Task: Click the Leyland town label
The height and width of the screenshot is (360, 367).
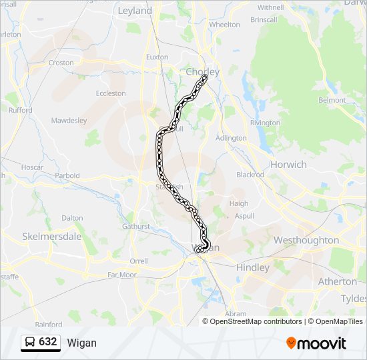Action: (135, 11)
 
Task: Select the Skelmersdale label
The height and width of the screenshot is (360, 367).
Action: (51, 236)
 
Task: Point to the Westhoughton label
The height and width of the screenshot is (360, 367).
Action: (306, 240)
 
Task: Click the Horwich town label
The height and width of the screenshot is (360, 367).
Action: (288, 164)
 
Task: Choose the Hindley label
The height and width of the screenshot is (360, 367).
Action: (253, 267)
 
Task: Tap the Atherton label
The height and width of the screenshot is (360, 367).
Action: (337, 281)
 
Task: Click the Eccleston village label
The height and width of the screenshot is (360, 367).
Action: (111, 93)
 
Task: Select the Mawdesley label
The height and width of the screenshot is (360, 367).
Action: (69, 121)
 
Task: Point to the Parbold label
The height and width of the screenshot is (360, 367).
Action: (67, 176)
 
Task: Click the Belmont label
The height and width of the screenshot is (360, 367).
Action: (332, 100)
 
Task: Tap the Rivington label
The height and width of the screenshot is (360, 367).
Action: (265, 123)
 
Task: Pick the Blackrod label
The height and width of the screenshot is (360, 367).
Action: (250, 175)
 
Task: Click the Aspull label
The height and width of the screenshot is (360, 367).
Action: (245, 217)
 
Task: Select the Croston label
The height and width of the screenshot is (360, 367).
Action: (61, 63)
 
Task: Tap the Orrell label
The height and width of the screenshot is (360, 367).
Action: (139, 261)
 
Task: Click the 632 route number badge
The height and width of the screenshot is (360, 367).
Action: (47, 342)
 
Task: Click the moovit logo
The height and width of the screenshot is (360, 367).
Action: (316, 343)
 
